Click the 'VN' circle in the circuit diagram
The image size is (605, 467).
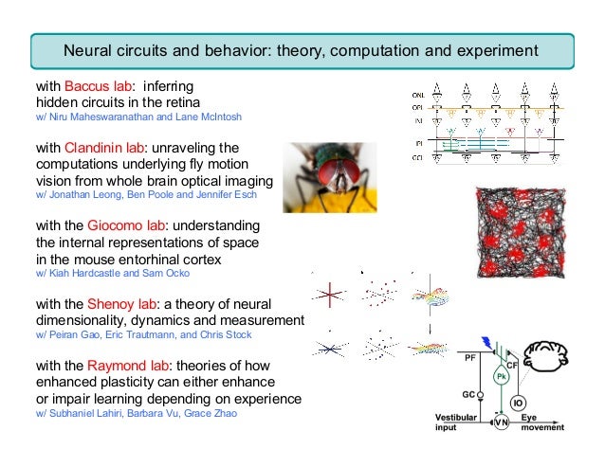[x=500, y=423]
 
